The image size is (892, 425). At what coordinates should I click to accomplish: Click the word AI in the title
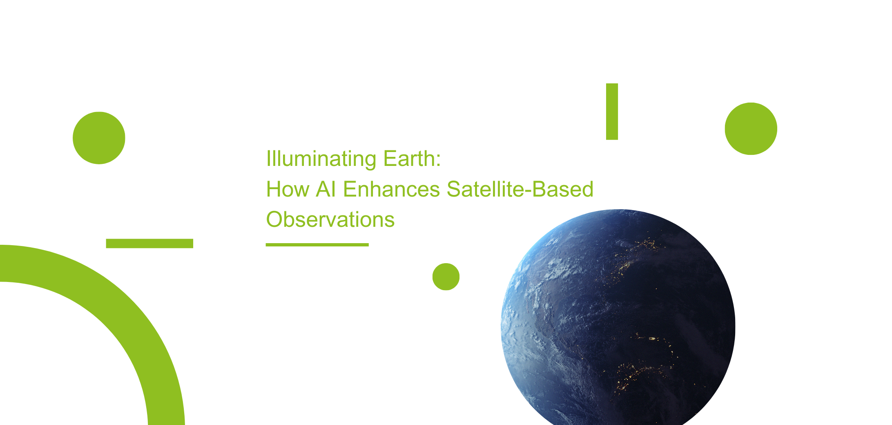pos(326,189)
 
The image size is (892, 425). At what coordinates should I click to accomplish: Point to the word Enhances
pos(391,189)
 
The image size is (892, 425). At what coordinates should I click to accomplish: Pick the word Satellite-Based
pos(520,189)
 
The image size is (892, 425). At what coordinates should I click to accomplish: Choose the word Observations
pos(330,219)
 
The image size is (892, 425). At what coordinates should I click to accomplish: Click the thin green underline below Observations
pos(317,245)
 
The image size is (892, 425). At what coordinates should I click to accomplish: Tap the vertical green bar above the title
pos(612,112)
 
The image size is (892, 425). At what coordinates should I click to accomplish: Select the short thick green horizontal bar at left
pos(149,244)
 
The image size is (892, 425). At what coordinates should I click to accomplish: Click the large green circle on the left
pos(99,138)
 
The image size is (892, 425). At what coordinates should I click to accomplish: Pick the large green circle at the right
pos(751,129)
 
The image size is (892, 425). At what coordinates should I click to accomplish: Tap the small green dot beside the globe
pos(446,277)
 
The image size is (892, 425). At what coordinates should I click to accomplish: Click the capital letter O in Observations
pos(274,219)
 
